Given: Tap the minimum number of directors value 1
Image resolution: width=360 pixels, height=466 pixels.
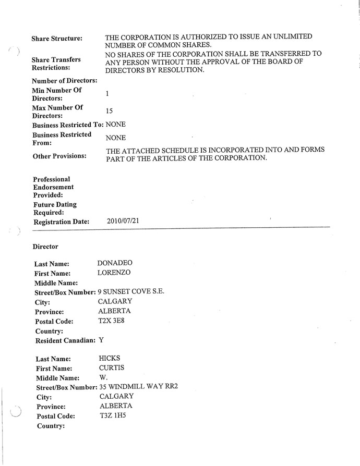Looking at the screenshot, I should click(107, 94).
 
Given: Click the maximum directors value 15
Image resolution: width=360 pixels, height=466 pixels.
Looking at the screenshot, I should click(109, 111).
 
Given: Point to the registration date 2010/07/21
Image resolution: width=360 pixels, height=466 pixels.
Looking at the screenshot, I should click(123, 221).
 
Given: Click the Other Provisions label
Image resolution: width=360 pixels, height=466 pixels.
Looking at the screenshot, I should click(59, 156).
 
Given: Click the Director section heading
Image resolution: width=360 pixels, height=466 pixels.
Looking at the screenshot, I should click(45, 246).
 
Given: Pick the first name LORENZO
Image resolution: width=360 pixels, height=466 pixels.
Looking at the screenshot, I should click(114, 273).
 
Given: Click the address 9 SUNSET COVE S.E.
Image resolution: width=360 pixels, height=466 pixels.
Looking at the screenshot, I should click(131, 292).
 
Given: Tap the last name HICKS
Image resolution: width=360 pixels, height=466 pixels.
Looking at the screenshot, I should click(110, 358).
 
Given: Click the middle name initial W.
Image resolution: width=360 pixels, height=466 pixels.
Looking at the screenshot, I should click(102, 377).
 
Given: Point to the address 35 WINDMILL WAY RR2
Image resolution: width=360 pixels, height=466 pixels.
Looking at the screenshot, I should click(139, 387).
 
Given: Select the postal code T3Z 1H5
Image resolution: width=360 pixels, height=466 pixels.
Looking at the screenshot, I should click(112, 415).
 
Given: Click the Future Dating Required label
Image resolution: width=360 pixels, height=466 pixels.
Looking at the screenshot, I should click(55, 209).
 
